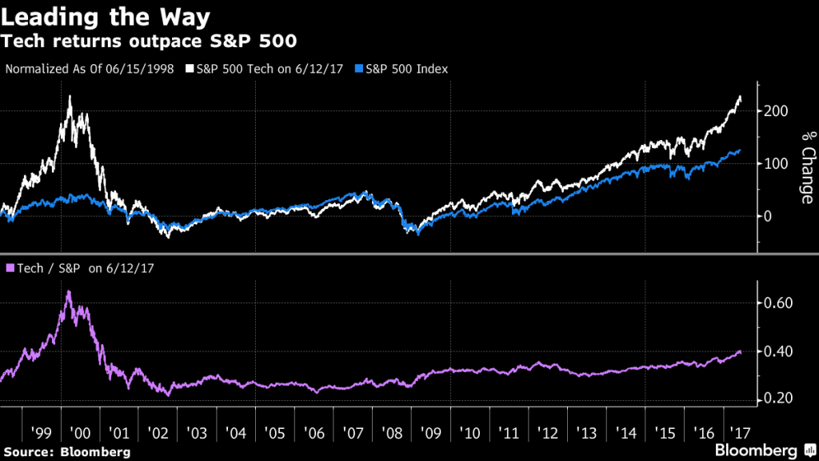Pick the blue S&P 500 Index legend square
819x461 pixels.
(x=359, y=70)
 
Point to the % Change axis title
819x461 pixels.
(x=807, y=168)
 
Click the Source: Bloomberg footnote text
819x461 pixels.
(x=66, y=452)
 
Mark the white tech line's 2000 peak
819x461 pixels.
(x=70, y=97)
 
